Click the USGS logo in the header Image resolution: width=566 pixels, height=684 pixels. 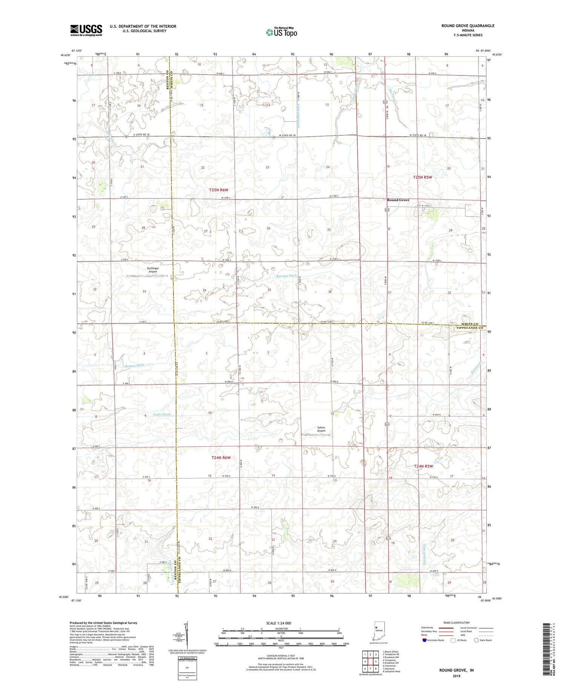pos(86,30)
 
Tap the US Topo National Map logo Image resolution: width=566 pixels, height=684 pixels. pos(281,32)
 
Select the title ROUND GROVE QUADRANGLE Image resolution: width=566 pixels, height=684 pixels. pos(468,26)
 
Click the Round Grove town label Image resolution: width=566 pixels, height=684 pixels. pos(398,200)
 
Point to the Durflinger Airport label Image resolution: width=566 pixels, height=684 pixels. pos(153,270)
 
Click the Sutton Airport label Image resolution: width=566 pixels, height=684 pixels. pos(321,429)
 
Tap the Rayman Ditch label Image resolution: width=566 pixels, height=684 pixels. pos(287,276)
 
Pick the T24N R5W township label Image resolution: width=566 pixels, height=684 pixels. pos(424,466)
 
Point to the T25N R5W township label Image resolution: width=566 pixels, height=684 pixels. pos(422,177)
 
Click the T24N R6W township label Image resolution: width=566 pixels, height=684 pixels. pos(221,458)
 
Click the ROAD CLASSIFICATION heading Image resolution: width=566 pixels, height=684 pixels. pos(457,623)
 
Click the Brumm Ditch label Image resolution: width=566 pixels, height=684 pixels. pos(135,365)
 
